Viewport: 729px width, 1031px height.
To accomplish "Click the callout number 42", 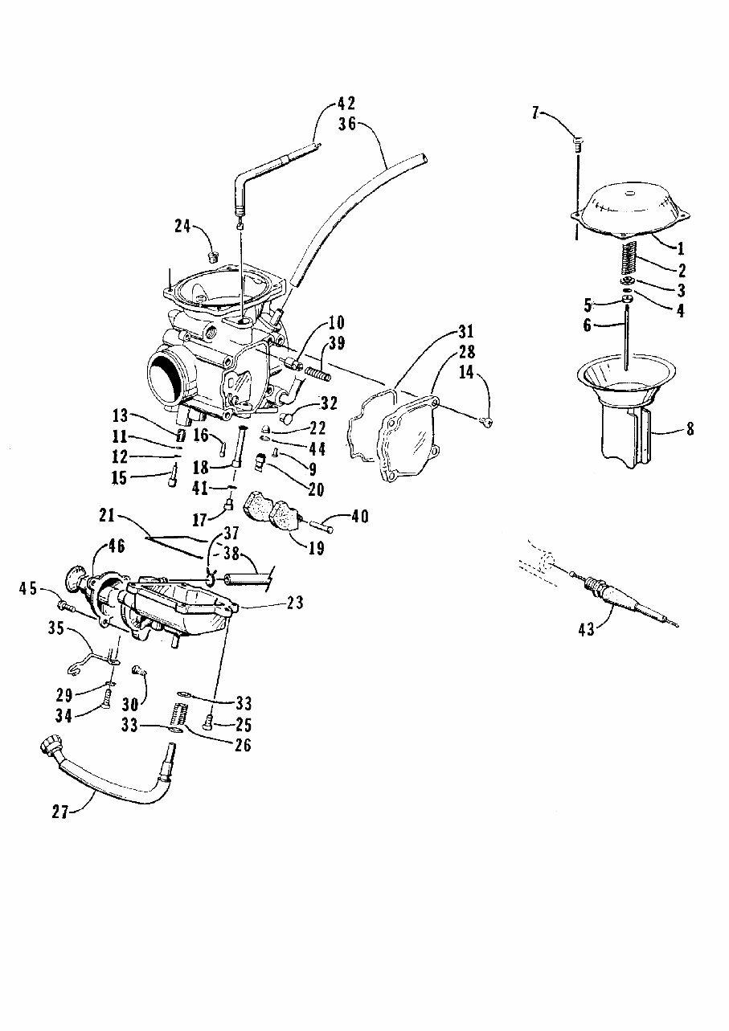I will point(346,104).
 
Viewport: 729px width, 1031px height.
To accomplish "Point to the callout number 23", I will point(295,602).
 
